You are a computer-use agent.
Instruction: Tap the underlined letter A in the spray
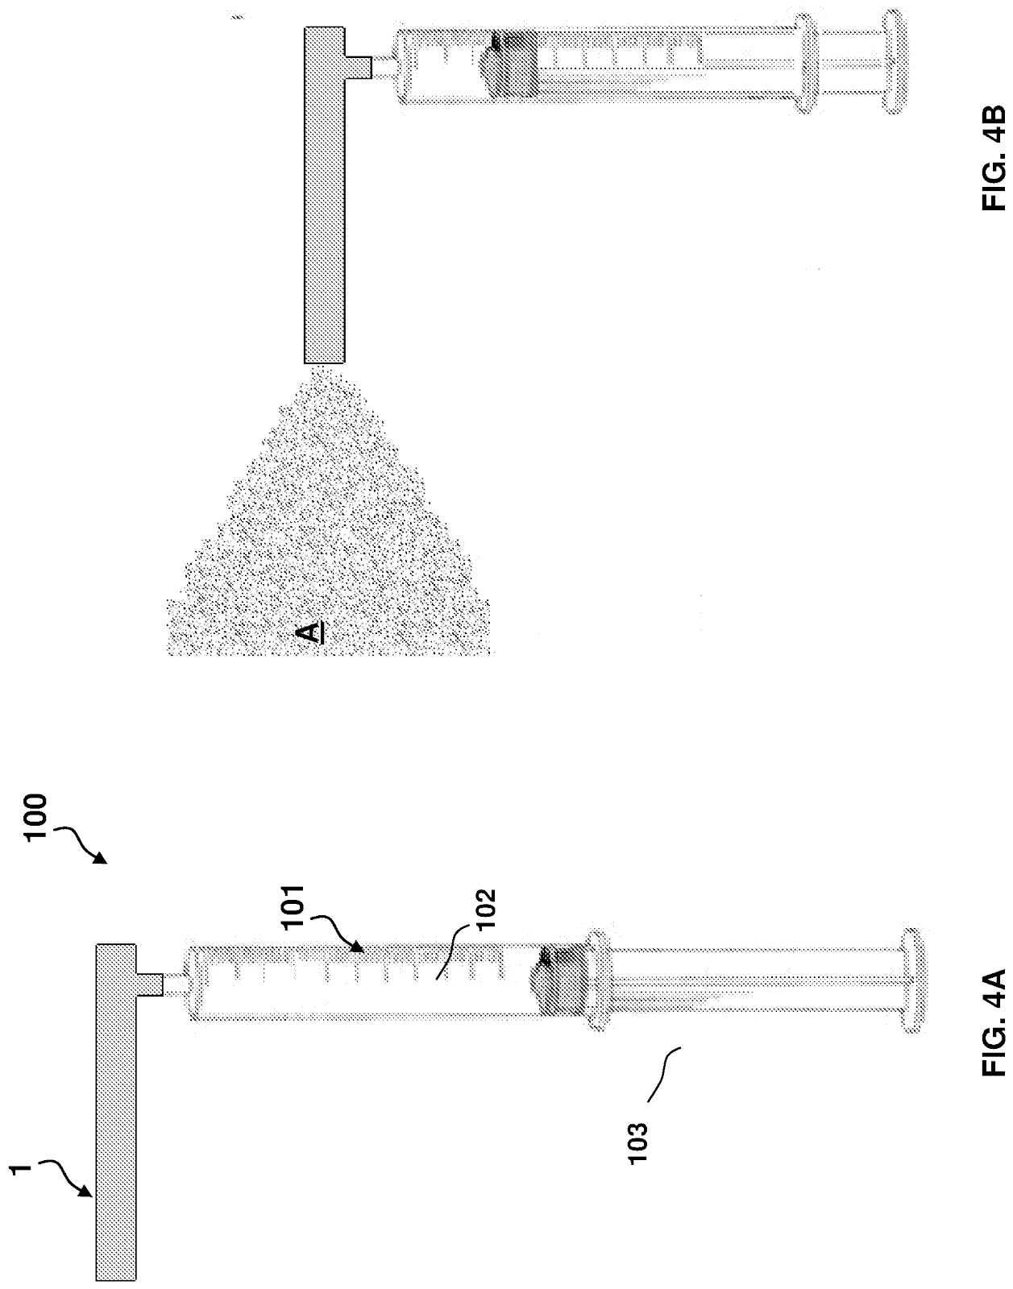313,632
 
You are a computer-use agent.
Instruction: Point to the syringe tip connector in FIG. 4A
175,984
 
